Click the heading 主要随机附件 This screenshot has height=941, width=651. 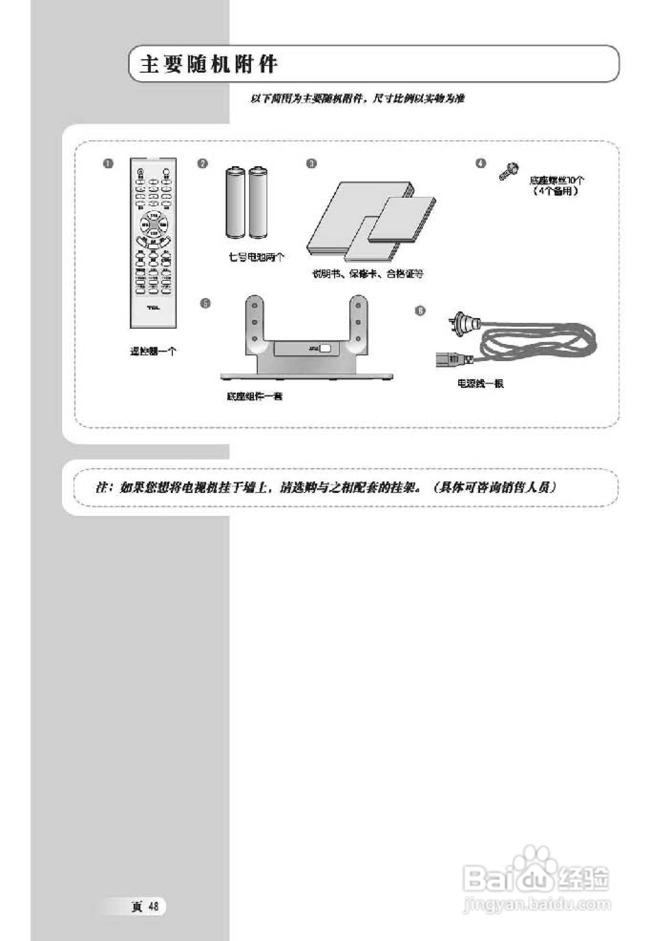(208, 64)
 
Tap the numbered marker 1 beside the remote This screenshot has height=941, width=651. (108, 164)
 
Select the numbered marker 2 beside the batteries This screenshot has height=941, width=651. (203, 164)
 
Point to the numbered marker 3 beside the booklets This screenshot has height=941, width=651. (311, 164)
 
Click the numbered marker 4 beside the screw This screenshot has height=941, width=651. (481, 163)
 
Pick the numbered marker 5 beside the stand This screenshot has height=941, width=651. (206, 303)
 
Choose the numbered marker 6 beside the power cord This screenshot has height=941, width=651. (420, 311)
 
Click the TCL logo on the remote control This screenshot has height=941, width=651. (153, 308)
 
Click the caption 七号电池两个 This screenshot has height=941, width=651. (256, 257)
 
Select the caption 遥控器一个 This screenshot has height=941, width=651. (153, 351)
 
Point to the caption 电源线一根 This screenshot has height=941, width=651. (480, 383)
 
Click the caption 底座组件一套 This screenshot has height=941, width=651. (255, 396)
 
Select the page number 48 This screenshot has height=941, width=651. (153, 906)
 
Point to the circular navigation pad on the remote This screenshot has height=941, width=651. (154, 224)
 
